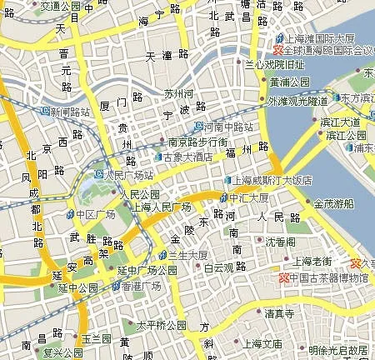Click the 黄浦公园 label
[289, 82]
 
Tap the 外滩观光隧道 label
[297, 101]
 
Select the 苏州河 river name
[178, 93]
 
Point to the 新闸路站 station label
[69, 111]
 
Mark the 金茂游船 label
[332, 202]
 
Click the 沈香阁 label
[279, 242]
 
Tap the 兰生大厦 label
[187, 254]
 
